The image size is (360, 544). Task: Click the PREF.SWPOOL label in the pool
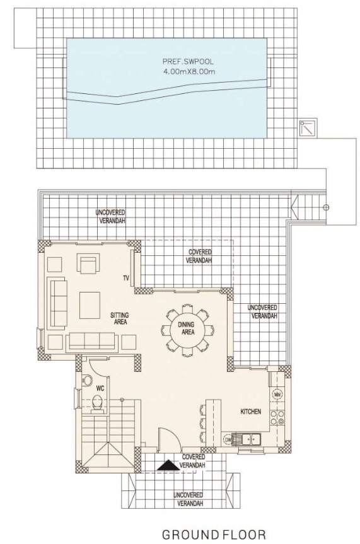point(188,62)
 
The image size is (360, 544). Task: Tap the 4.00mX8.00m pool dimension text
point(189,72)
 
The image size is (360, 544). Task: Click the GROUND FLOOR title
point(214,535)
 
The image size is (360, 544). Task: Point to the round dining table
point(187,329)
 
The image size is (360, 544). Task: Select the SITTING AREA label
point(119,318)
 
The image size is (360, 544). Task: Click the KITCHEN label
point(251,412)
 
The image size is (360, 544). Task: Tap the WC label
point(100,388)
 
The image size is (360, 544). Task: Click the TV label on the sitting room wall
point(125,278)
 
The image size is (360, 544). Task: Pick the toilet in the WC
point(98,405)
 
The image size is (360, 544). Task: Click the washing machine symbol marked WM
point(277,395)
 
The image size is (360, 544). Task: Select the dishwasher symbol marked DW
point(228,440)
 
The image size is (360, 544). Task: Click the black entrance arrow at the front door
point(168,466)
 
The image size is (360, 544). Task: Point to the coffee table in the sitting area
point(90,305)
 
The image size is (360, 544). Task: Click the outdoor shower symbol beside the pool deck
point(308,128)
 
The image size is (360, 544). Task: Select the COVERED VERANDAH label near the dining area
point(199,256)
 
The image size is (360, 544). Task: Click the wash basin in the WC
point(86,380)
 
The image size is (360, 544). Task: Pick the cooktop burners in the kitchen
point(277,417)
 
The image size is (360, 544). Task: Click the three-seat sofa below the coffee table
point(91,342)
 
